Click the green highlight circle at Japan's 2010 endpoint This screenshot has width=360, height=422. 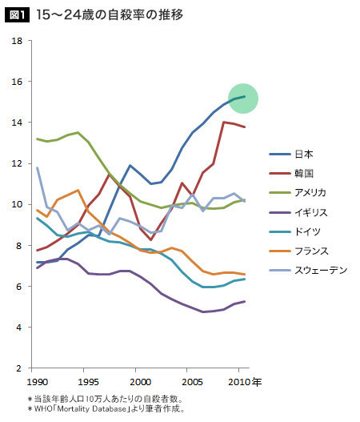(x=243, y=98)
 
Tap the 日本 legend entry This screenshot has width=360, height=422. (x=291, y=155)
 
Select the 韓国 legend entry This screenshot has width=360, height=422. (x=291, y=173)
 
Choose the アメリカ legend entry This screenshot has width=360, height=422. (x=298, y=193)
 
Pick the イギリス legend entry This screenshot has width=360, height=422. (x=298, y=212)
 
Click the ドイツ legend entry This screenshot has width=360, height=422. (x=294, y=231)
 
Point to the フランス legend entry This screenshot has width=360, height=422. (x=298, y=251)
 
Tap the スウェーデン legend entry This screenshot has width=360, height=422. (x=308, y=270)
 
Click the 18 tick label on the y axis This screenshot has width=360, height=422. (x=17, y=41)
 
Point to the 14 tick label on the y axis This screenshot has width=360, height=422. (x=17, y=123)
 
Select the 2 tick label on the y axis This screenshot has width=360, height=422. (x=18, y=368)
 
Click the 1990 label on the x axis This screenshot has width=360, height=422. (x=37, y=382)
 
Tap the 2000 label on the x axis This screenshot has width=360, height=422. (x=141, y=382)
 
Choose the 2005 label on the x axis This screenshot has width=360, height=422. (x=192, y=382)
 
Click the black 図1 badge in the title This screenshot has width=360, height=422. (x=18, y=14)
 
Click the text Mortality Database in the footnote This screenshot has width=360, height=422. (x=92, y=409)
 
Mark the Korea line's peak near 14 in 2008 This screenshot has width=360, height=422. (x=223, y=123)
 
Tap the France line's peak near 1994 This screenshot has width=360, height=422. (x=78, y=190)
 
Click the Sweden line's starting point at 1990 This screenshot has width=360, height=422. (x=37, y=167)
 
